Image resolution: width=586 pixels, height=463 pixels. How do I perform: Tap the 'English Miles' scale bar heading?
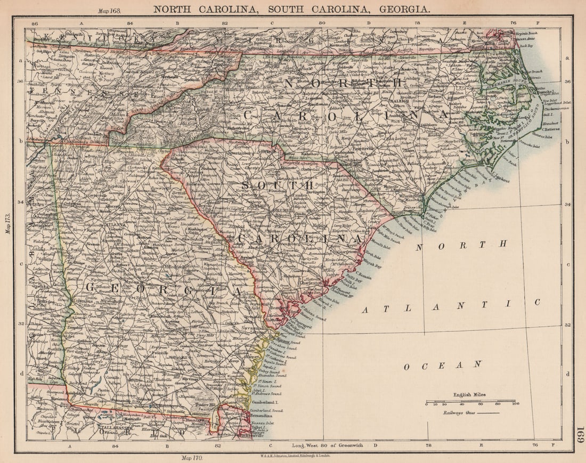click(x=469, y=395)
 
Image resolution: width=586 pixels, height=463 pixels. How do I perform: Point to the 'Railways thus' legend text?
click(x=458, y=412)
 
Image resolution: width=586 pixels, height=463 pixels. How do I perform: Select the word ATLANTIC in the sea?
click(x=451, y=306)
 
